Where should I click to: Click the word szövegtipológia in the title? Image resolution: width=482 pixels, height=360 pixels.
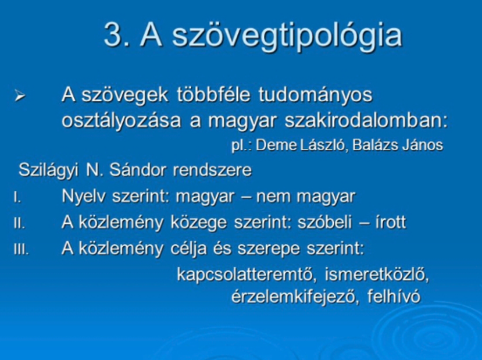coord(287,35)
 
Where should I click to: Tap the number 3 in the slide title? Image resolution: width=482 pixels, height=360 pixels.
coord(113,34)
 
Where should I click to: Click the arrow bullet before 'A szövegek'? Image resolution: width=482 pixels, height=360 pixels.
coord(20,96)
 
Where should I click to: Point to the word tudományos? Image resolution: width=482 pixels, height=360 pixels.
coord(315,95)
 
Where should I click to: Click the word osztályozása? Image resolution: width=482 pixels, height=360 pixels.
coord(122,120)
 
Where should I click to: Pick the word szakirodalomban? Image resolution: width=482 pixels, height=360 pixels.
coord(366,120)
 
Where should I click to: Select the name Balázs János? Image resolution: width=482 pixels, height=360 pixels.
coord(398,145)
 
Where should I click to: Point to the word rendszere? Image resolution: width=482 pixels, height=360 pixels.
coord(212,170)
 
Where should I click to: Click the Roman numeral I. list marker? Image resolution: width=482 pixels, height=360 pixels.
coord(17,197)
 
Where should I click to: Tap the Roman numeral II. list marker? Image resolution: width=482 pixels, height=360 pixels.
coord(19,223)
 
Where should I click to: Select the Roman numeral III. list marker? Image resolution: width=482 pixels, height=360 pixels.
coord(21,249)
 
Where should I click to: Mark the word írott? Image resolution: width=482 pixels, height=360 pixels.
coord(391,222)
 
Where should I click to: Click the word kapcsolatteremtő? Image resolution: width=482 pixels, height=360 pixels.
coord(247,275)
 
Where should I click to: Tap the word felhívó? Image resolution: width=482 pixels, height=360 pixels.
coord(394,296)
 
